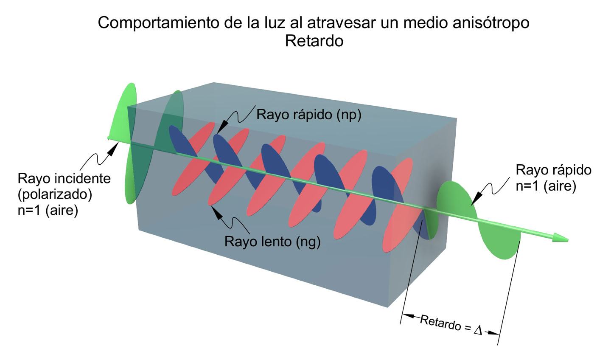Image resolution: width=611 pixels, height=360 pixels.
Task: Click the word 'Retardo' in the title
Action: click(x=314, y=41)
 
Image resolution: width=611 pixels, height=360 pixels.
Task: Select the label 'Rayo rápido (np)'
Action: click(x=309, y=115)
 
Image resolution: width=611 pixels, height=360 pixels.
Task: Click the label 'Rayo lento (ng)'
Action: click(x=272, y=242)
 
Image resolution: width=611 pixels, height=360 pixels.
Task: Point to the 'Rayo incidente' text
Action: click(x=64, y=178)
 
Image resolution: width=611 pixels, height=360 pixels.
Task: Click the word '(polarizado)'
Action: click(x=55, y=194)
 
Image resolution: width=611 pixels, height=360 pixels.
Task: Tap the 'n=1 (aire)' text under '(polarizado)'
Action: click(x=48, y=210)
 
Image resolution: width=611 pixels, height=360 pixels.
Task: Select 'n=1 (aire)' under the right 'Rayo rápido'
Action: click(x=546, y=186)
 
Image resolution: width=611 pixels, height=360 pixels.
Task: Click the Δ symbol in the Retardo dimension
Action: click(x=478, y=330)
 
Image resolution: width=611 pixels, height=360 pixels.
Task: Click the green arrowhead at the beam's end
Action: click(x=561, y=238)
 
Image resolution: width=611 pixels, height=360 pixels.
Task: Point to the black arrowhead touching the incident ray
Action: click(x=113, y=148)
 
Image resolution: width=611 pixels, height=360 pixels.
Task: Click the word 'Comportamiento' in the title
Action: click(x=159, y=22)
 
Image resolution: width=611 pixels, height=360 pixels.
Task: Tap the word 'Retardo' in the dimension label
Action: click(x=440, y=323)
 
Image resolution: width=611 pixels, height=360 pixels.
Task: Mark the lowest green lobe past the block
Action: click(x=501, y=242)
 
